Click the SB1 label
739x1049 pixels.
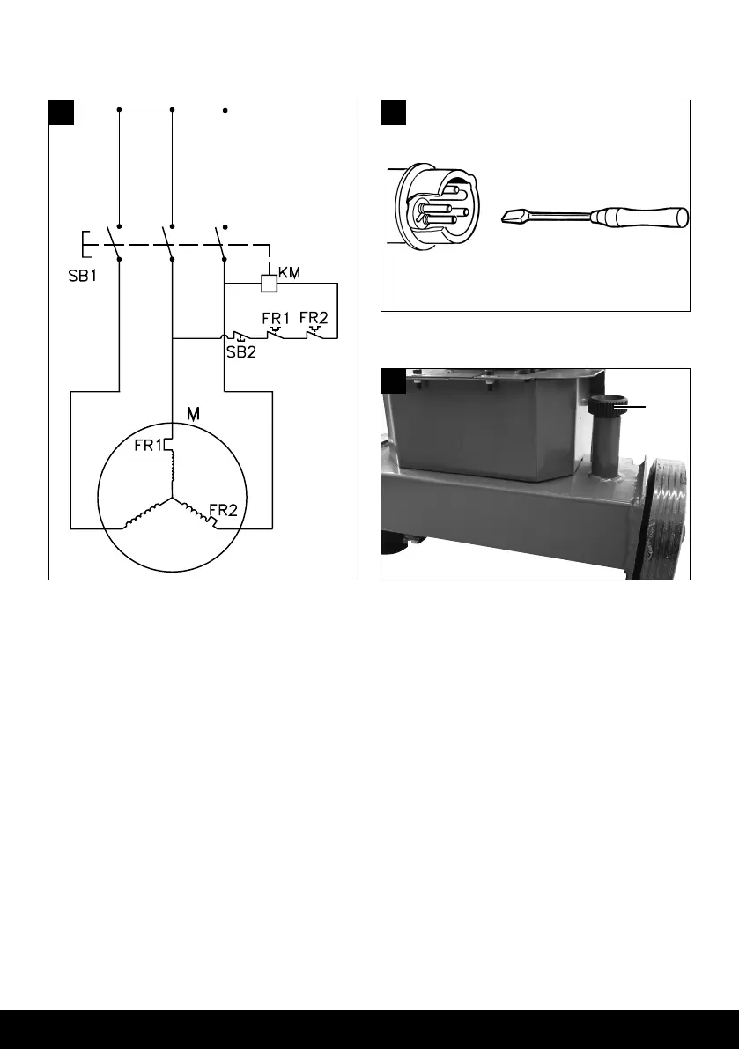[x=85, y=275]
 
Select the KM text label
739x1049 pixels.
[x=290, y=274]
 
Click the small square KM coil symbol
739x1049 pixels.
[x=270, y=284]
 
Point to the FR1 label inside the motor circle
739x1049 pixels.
[x=148, y=446]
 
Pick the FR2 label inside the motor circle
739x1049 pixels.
[x=222, y=509]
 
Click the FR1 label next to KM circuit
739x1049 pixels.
[x=277, y=317]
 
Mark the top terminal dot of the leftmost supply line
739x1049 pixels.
[x=118, y=110]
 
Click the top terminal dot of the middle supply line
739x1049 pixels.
[x=172, y=110]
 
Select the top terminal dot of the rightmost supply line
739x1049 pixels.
[x=225, y=110]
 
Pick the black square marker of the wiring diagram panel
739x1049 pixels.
[x=61, y=113]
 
